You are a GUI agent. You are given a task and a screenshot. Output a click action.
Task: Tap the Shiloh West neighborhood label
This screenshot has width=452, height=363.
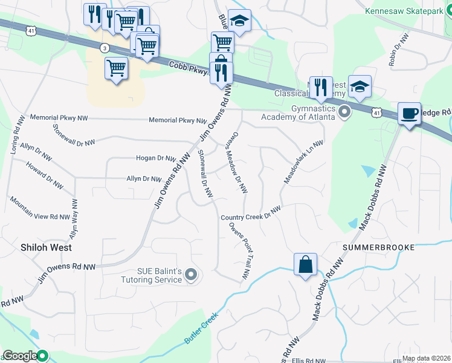click(46, 247)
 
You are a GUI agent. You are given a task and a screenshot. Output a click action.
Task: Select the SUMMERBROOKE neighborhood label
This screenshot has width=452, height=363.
click(378, 247)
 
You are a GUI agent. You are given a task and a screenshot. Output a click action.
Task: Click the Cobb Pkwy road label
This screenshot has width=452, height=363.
click(188, 68)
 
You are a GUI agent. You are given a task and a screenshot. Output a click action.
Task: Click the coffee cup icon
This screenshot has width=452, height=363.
click(409, 113)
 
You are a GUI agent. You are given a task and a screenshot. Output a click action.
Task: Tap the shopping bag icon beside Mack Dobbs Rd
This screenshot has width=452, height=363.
click(306, 264)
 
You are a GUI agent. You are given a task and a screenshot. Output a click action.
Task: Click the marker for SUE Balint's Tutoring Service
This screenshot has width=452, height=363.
click(191, 276)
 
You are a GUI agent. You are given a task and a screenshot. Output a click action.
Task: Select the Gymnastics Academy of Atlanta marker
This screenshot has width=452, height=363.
click(344, 112)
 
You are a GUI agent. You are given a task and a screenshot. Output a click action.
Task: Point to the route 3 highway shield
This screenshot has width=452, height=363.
click(105, 47)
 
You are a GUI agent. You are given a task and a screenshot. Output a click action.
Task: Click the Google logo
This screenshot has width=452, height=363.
click(19, 356)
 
